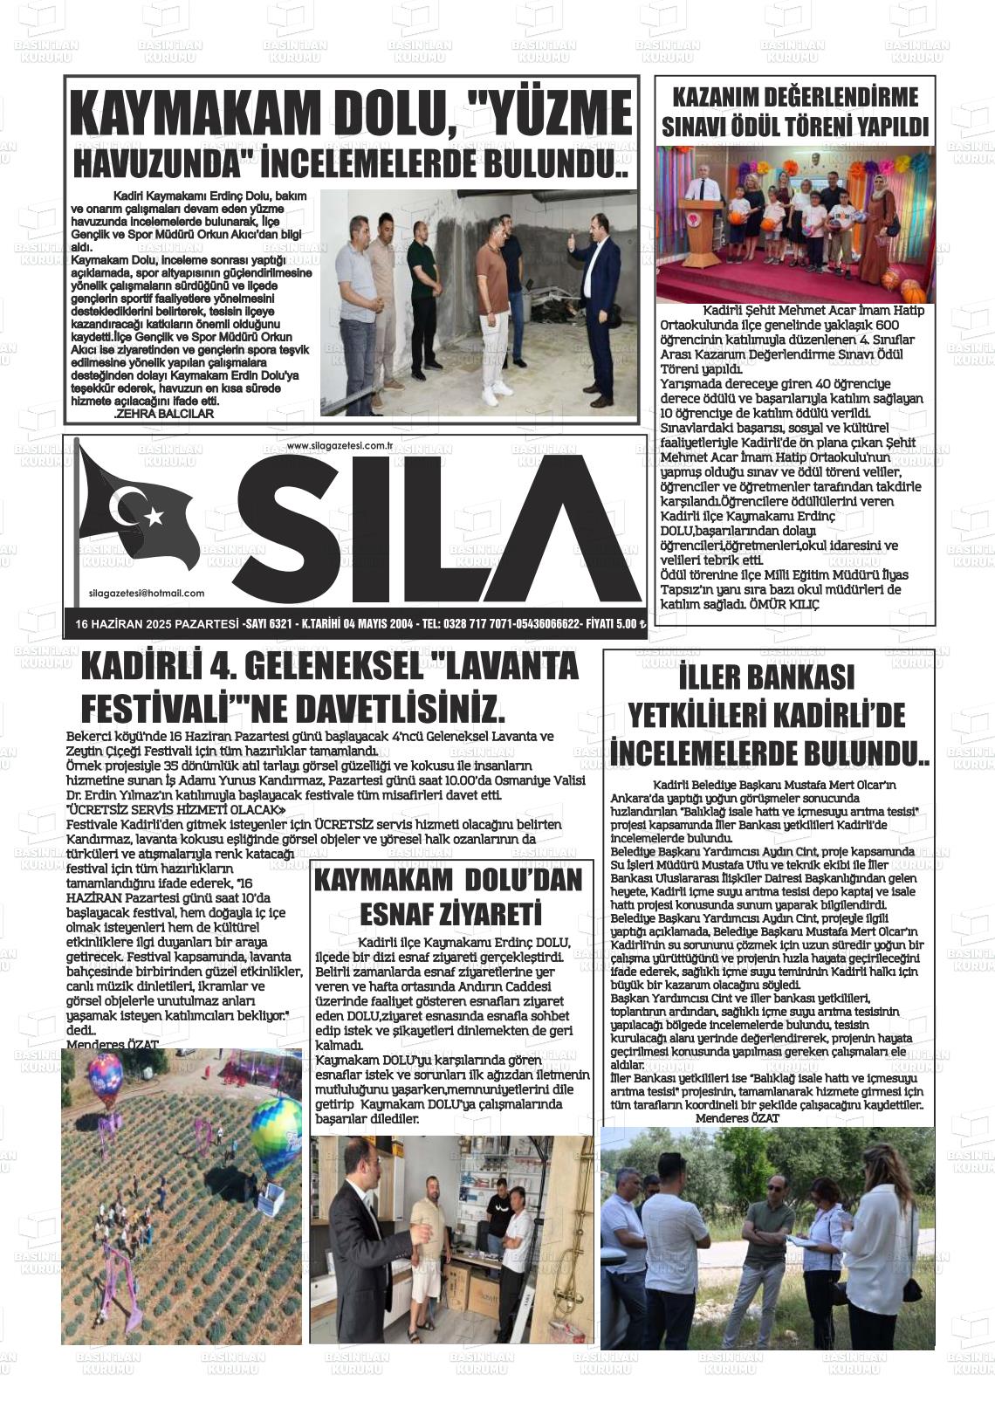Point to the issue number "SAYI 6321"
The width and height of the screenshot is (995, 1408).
click(267, 624)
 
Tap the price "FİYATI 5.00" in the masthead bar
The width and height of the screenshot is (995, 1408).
click(614, 624)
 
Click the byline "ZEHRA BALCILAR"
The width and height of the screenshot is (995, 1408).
click(164, 414)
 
